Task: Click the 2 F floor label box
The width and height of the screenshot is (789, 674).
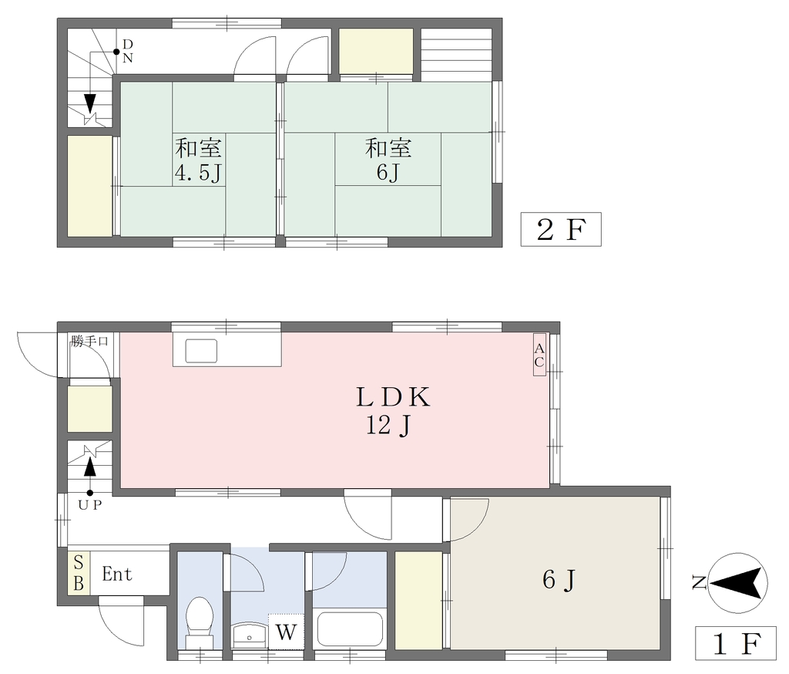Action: (x=561, y=230)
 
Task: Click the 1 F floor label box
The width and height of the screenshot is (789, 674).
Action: (x=737, y=643)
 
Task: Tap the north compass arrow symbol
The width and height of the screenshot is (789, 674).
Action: (x=737, y=583)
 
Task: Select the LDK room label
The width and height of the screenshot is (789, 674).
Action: (x=393, y=397)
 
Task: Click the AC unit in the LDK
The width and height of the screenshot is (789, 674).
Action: (x=539, y=356)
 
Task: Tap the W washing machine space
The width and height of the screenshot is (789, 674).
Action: (x=286, y=632)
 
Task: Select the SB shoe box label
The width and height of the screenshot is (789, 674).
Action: (x=79, y=573)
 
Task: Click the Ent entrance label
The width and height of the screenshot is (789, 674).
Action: (x=117, y=574)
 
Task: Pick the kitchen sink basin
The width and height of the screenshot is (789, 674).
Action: (x=201, y=351)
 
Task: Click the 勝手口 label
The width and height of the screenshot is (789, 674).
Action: (x=89, y=341)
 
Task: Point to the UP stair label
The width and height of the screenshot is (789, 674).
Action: (x=90, y=505)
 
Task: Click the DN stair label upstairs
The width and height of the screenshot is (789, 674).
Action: (x=127, y=51)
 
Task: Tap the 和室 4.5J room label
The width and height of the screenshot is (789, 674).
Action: (x=198, y=160)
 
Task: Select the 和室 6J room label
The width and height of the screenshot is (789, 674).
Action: (x=388, y=160)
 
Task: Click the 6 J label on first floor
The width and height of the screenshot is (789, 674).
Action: (x=559, y=580)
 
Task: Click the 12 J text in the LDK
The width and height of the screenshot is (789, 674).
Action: (x=389, y=426)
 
